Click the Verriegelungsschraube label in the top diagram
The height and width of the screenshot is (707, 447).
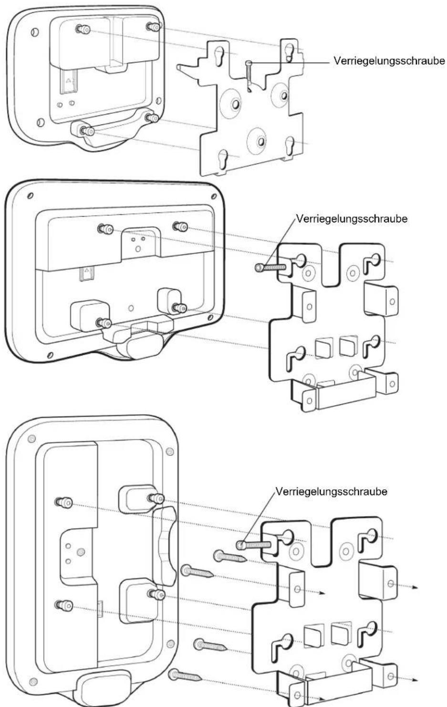[x=389, y=61]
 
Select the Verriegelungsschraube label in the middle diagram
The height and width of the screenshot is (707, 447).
[x=352, y=219]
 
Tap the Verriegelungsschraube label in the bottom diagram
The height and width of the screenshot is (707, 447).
[x=331, y=491]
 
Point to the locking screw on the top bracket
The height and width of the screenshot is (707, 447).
[x=249, y=77]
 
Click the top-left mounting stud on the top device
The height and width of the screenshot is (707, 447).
[x=83, y=30]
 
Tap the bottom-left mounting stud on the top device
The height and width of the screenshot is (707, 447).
[x=87, y=131]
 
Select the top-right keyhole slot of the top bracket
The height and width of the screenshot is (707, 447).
[x=289, y=51]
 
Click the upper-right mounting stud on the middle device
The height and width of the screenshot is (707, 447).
[x=180, y=226]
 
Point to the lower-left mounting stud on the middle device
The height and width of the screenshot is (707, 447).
[x=104, y=323]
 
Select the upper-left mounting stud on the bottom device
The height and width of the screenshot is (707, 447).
[x=63, y=503]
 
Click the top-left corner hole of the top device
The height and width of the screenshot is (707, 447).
[x=35, y=32]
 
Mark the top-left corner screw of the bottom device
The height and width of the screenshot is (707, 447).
[x=31, y=439]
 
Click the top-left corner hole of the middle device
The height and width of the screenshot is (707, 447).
[x=30, y=196]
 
